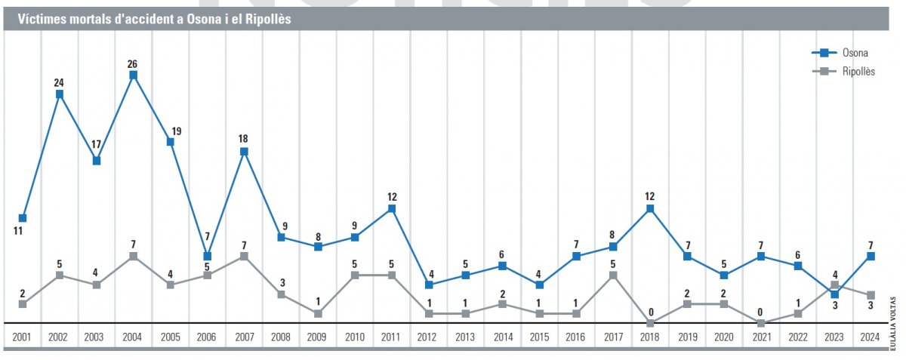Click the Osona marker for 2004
coord(133,75)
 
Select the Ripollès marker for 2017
coord(613,275)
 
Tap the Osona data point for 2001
coord(23,218)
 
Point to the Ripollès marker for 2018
coord(650,323)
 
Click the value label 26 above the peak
coord(133,63)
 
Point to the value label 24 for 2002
coord(60,82)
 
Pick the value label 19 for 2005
coord(175,131)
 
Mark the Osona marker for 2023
coord(834,294)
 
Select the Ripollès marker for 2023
coord(834,285)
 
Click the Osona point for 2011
coord(392,208)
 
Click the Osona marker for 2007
coord(244,151)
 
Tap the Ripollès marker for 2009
coord(318,313)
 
